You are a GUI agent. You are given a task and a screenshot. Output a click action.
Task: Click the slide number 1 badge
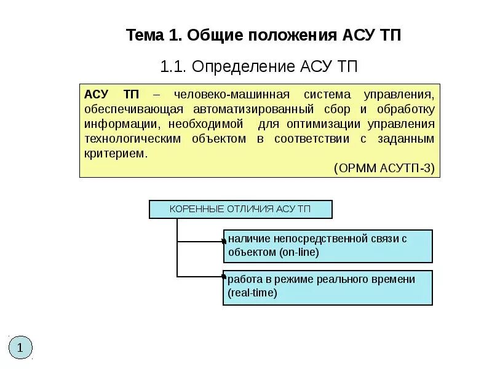(x=20, y=347)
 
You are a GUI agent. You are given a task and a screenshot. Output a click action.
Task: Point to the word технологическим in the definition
(x=133, y=139)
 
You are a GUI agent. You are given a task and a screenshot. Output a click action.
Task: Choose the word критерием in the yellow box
(x=115, y=154)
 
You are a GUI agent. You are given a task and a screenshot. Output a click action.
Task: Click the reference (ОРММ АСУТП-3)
(x=384, y=168)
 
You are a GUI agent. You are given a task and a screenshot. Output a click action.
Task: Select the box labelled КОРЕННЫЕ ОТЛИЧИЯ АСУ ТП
(x=240, y=209)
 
